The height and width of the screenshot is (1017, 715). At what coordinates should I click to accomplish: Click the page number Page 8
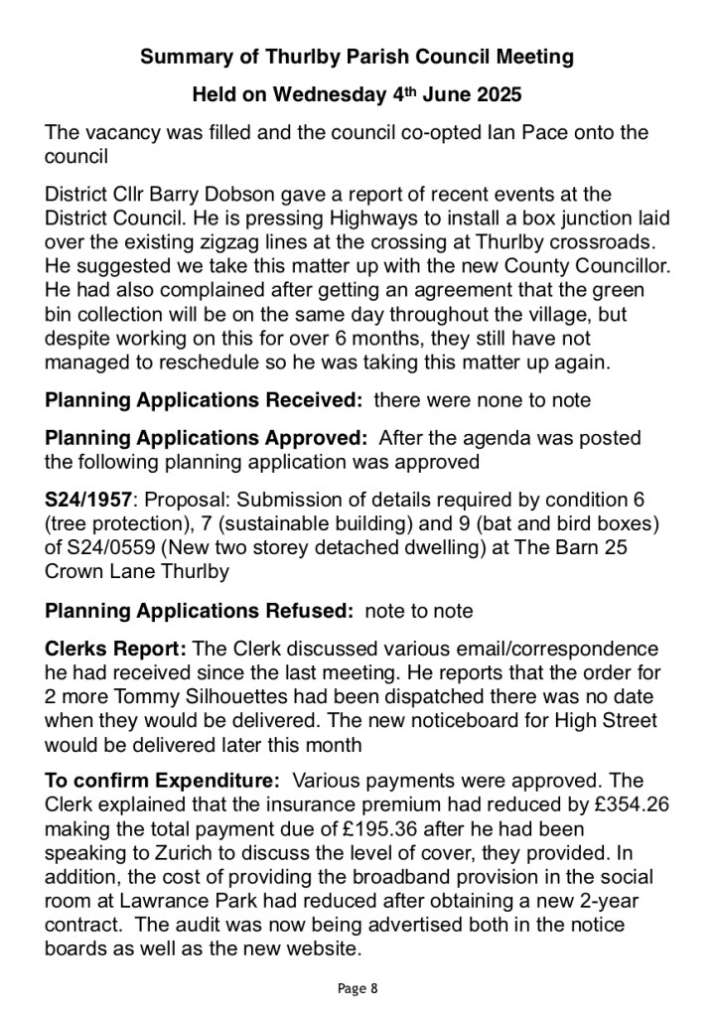(357, 988)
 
